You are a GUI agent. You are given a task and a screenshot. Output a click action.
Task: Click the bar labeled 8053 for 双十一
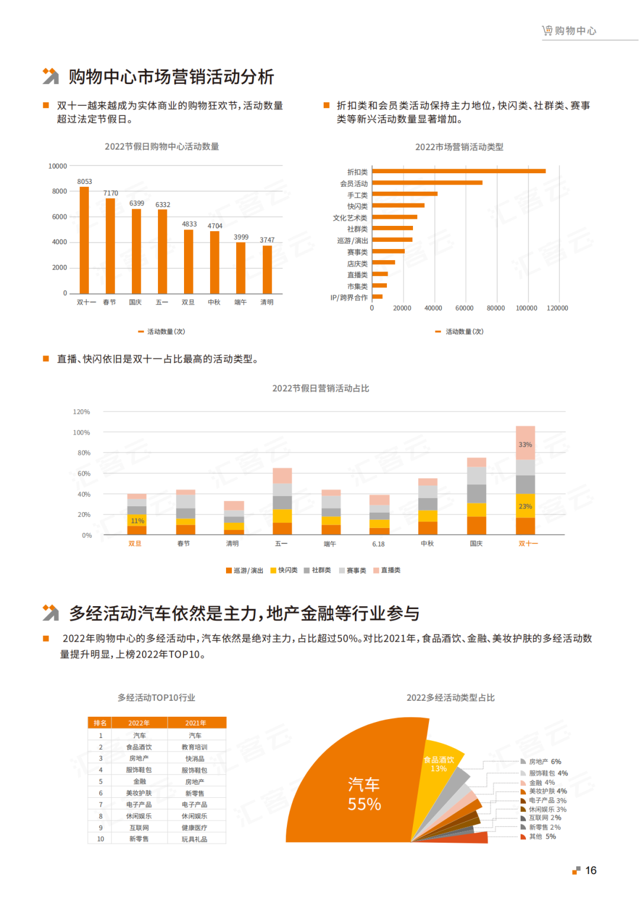click(84, 240)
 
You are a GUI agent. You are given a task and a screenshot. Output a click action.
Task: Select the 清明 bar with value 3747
click(267, 269)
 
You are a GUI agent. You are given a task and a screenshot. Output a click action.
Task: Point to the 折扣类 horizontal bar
click(459, 171)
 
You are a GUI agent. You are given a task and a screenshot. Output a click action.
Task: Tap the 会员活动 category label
click(354, 184)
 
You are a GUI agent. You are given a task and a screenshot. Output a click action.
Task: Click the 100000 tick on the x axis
click(526, 308)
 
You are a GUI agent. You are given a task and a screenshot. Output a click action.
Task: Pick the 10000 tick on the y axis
click(57, 166)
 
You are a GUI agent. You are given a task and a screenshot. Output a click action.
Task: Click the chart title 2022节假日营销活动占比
click(320, 389)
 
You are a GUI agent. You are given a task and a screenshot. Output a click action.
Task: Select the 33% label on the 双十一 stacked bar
click(525, 445)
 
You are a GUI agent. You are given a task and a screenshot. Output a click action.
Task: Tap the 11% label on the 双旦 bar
click(137, 521)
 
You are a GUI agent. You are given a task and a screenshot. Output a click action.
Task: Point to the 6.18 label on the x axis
click(379, 544)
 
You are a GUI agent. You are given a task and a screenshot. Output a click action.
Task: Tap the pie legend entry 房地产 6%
click(544, 762)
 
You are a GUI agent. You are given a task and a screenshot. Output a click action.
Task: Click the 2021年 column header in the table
click(196, 723)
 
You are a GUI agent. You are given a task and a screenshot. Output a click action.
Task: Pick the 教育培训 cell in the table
click(195, 747)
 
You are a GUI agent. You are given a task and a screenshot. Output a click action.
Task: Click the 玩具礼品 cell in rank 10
click(195, 839)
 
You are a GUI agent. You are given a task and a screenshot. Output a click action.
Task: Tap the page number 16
click(590, 870)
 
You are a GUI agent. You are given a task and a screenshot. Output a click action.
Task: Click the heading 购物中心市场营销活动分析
click(171, 77)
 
